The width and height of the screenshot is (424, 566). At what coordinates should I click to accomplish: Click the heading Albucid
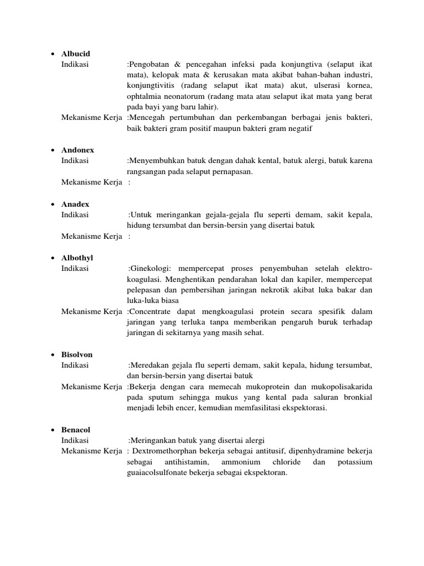pos(76,54)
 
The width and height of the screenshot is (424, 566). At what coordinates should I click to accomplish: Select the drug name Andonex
pos(77,150)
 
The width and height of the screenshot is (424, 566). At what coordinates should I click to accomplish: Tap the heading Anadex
pos(75,204)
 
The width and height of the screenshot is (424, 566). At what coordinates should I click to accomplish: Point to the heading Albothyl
pos(77,258)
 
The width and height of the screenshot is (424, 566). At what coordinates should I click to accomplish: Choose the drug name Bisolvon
pos(77,354)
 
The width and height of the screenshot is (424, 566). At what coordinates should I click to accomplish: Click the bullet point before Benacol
pos(52,430)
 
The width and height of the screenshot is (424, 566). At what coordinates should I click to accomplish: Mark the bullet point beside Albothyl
pos(52,258)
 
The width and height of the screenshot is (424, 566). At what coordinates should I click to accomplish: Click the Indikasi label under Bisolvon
pos(75,365)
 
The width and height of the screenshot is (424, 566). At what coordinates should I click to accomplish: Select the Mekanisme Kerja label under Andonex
pos(92,182)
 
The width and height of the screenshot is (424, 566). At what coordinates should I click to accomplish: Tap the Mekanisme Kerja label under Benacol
pos(92,451)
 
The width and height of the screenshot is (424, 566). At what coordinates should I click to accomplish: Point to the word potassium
pos(354,462)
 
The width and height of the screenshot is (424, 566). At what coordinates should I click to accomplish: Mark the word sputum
pos(157,397)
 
